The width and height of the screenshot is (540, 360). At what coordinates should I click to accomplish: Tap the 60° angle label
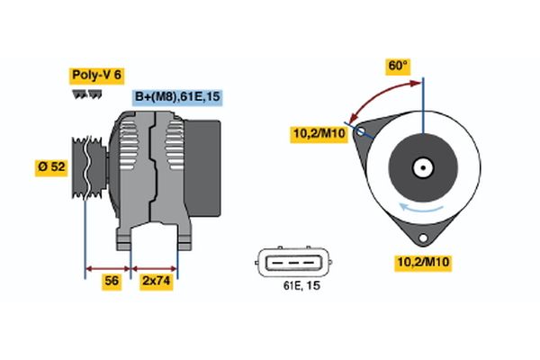tap(398, 66)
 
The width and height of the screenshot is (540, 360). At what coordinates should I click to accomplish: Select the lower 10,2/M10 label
tap(423, 262)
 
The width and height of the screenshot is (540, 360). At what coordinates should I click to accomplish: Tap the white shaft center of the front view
tap(421, 167)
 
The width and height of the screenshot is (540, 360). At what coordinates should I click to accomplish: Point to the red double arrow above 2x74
tap(154, 267)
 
